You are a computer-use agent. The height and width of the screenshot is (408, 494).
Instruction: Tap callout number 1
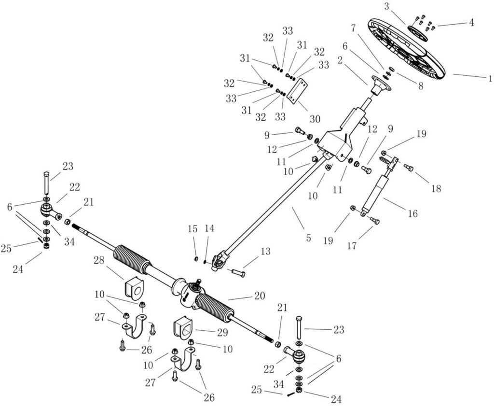[x=490, y=78]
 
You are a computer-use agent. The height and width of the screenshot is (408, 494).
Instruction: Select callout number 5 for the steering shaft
[x=308, y=238]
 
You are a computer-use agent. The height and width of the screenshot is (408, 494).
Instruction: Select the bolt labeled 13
[x=237, y=272]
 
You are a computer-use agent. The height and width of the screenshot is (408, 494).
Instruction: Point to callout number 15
[x=193, y=228]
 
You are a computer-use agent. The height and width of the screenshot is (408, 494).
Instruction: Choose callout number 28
[x=99, y=261]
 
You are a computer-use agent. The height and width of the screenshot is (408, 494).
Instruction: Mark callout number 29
[x=222, y=333]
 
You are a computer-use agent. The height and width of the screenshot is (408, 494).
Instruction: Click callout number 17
[x=352, y=246]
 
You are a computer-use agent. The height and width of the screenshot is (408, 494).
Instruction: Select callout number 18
[x=436, y=189]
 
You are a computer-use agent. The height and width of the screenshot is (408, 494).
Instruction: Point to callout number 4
[x=469, y=22]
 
